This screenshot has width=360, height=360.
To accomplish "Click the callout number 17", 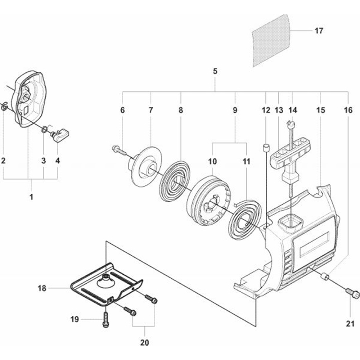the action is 319,31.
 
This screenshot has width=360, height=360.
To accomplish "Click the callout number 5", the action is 215,71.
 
